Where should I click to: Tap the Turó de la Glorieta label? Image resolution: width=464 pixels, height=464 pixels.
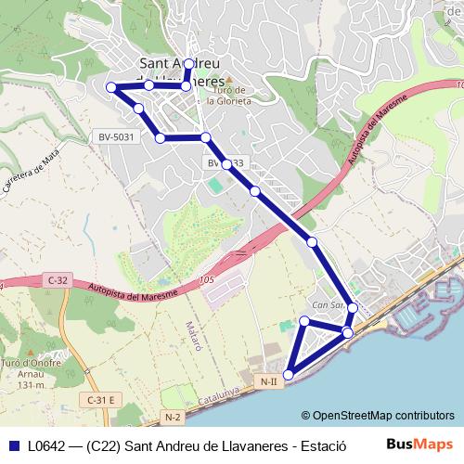tap(229, 97)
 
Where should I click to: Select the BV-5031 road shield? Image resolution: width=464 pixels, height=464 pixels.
tap(117, 137)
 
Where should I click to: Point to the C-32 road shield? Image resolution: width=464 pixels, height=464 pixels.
tap(56, 279)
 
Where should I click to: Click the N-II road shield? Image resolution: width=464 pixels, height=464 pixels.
tap(268, 381)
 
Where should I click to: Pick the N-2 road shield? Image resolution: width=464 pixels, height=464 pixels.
tap(173, 419)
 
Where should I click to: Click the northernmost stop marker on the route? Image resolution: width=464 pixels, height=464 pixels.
tap(188, 64)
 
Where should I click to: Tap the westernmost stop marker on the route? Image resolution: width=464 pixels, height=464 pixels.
tap(111, 87)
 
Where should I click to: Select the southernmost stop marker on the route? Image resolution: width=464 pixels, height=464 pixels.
tap(288, 375)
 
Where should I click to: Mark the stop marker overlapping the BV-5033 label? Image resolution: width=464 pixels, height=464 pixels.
tap(226, 163)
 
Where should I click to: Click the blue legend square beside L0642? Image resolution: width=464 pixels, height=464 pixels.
tap(13, 445)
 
